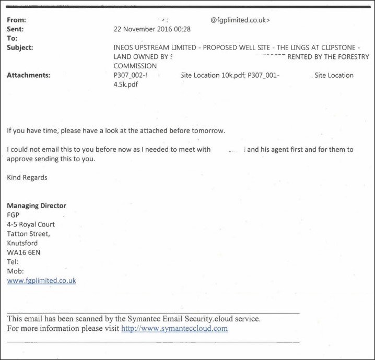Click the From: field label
16,20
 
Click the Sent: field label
16,29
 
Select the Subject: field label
20,47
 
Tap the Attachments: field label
28,75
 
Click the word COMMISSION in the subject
135,66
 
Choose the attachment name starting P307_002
128,75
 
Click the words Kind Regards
27,177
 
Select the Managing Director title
37,206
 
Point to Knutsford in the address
22,243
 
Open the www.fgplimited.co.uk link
41,281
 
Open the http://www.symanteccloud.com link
174,329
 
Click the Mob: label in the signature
15,271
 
